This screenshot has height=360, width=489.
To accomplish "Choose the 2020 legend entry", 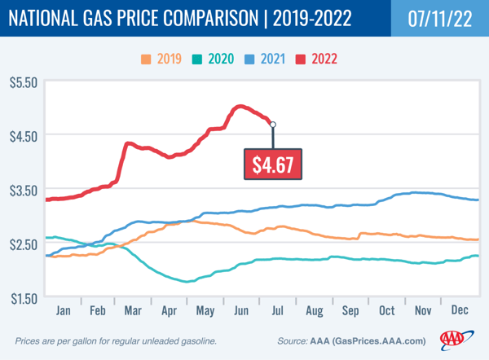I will point(216,59).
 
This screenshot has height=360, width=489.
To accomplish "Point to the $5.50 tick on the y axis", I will point(22,83).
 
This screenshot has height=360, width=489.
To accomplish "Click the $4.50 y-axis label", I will point(22,136).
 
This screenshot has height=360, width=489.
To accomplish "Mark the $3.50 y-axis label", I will point(22,191).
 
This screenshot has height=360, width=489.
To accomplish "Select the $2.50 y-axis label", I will point(22,244).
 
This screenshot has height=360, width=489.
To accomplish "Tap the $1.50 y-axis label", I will point(22,298).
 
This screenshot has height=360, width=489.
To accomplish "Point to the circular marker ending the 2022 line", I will point(273,125).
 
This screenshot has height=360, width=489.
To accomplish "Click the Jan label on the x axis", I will point(63,311).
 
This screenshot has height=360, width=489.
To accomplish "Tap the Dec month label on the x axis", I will point(460,311).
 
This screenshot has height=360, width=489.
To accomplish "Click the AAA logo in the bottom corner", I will point(456,340).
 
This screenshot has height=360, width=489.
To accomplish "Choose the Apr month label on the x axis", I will point(170,311).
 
